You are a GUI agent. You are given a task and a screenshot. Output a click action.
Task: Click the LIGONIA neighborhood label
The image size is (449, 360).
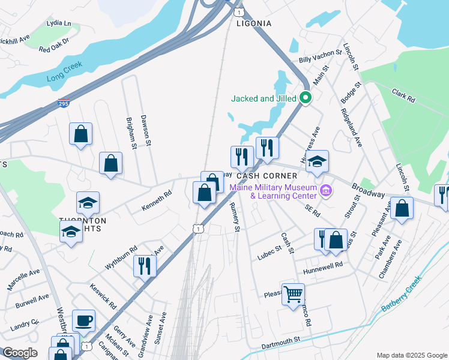254,23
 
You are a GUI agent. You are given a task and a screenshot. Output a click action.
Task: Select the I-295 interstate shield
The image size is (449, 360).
64,104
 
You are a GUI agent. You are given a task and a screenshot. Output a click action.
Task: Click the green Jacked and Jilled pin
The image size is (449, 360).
306,98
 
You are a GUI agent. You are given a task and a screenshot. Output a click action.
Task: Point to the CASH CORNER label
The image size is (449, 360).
267,176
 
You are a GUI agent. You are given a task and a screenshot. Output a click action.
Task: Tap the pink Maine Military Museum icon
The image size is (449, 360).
326,191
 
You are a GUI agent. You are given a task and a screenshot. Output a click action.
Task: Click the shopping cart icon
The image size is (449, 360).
293,294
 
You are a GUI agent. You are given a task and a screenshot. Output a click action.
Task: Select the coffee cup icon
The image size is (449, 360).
83,320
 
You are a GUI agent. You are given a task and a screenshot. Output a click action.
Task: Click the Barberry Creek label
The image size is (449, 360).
401,294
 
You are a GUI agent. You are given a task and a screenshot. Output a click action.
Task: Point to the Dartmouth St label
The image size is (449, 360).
281,341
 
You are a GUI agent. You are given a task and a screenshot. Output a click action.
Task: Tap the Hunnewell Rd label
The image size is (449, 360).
322,265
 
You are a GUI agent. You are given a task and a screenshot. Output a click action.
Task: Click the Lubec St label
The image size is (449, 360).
270,249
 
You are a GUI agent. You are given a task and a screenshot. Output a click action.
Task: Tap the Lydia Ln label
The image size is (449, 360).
58,24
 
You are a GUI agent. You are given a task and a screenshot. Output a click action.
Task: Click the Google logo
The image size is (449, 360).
20,353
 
